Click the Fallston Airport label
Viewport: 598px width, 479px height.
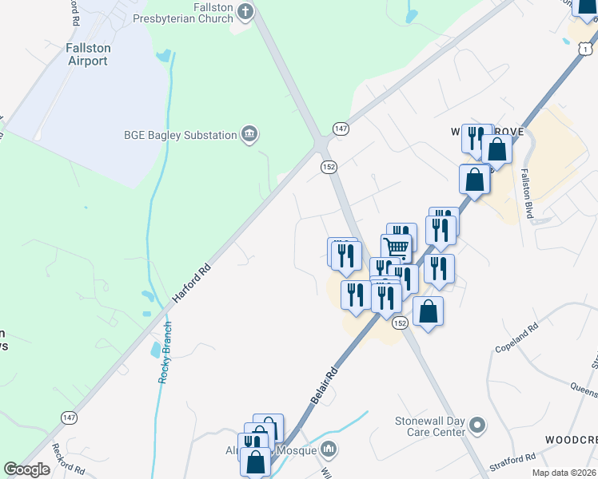(87, 54)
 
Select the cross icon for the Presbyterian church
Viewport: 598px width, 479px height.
(245, 12)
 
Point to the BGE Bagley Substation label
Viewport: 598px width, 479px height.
(180, 135)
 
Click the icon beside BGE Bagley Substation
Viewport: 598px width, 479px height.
(249, 135)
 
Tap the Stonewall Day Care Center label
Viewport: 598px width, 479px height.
(430, 426)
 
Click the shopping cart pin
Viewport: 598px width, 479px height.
(396, 247)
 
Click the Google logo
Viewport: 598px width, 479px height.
(26, 469)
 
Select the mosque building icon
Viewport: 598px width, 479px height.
(329, 451)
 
